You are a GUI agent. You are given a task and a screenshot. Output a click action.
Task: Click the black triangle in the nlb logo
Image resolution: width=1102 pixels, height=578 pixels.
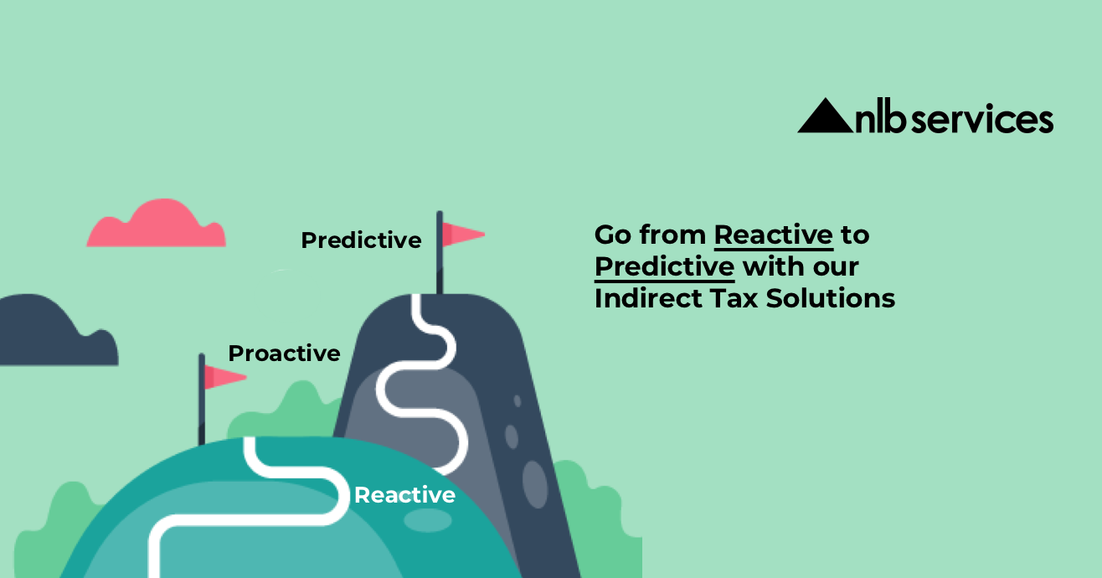pos(825,118)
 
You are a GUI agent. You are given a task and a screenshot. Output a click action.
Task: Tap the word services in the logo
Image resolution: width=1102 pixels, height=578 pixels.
pos(982,119)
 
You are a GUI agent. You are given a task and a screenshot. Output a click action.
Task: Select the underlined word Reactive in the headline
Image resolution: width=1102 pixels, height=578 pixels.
pos(774,235)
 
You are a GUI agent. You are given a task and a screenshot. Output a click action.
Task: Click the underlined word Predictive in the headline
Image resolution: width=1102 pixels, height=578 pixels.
pos(665,268)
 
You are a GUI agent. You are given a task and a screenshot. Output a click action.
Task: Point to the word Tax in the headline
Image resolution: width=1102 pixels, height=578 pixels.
pos(734,298)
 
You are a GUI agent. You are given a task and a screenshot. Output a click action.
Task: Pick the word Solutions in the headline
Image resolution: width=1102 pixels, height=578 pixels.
pos(831,298)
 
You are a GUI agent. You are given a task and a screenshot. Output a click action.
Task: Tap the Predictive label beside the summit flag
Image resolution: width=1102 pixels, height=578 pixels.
pos(361,240)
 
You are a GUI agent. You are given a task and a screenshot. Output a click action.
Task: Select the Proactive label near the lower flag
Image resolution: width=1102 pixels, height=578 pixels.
pos(284,354)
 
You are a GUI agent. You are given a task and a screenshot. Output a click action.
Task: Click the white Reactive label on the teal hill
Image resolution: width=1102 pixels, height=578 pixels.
pos(404,495)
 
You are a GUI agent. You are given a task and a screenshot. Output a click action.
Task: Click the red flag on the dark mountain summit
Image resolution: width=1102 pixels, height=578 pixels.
pos(463,235)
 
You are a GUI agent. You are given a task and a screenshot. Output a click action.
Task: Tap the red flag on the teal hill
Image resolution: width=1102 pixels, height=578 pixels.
pos(224,377)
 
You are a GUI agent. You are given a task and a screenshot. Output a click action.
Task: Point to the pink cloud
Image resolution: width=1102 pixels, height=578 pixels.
pos(157,224)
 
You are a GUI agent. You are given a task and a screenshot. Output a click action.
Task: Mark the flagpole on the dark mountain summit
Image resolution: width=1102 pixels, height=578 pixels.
pos(440,253)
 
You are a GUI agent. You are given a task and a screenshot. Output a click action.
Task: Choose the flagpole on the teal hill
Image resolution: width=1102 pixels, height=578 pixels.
pos(202,400)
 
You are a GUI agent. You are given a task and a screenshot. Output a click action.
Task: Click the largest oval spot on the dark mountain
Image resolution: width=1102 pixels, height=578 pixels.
pos(535,484)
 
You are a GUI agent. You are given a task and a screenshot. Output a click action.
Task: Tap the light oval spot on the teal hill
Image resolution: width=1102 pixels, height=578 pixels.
pos(428,520)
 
